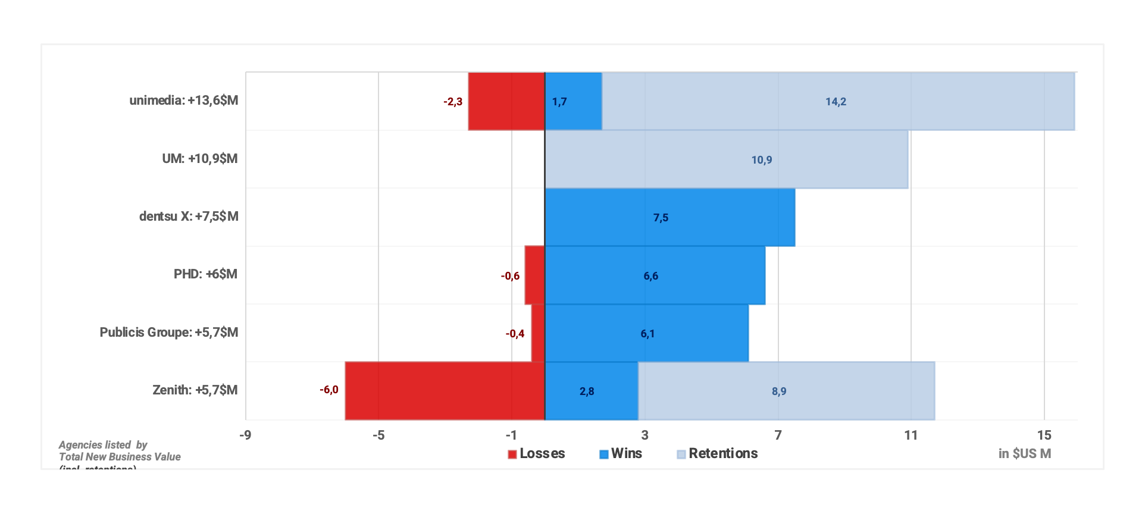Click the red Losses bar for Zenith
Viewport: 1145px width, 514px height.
point(445,391)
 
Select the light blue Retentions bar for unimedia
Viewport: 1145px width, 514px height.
point(838,101)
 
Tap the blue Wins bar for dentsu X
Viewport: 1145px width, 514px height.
point(670,217)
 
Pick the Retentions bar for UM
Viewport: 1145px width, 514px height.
point(726,159)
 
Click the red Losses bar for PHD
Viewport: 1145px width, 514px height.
point(534,275)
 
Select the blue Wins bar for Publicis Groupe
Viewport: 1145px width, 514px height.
point(646,333)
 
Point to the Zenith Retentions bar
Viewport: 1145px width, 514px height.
point(786,391)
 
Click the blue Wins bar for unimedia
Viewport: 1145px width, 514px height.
point(573,101)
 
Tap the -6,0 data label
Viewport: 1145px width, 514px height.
point(329,390)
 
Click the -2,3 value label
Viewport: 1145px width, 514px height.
point(453,102)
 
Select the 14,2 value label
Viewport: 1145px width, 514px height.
point(836,102)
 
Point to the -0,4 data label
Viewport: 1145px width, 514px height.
point(515,334)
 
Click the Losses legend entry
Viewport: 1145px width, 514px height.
point(536,454)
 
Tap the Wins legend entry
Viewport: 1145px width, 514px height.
point(621,454)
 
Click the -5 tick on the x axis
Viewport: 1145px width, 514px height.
point(378,435)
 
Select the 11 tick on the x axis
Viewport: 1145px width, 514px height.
point(911,435)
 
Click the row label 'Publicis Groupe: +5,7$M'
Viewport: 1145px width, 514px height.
point(169,333)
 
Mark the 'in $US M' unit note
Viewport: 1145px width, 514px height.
point(1024,454)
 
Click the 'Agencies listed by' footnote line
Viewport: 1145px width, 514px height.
point(103,445)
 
